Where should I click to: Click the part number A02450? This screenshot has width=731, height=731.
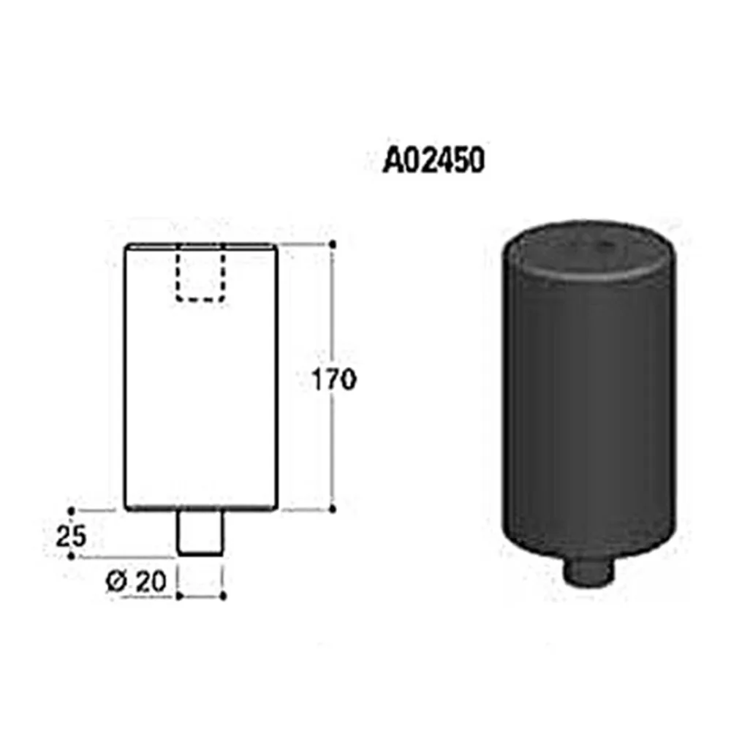click(x=433, y=160)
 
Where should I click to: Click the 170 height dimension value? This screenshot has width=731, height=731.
click(x=334, y=379)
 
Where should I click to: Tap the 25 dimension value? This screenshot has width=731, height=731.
click(x=71, y=536)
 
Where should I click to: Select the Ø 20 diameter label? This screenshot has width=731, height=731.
click(x=137, y=582)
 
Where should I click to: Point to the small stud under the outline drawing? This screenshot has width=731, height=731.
click(x=200, y=533)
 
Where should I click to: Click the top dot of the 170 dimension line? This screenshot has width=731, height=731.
click(x=333, y=244)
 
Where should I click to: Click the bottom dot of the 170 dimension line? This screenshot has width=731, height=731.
click(x=333, y=510)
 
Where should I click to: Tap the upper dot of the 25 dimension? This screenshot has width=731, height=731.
click(x=72, y=511)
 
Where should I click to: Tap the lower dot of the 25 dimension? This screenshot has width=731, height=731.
click(x=72, y=556)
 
